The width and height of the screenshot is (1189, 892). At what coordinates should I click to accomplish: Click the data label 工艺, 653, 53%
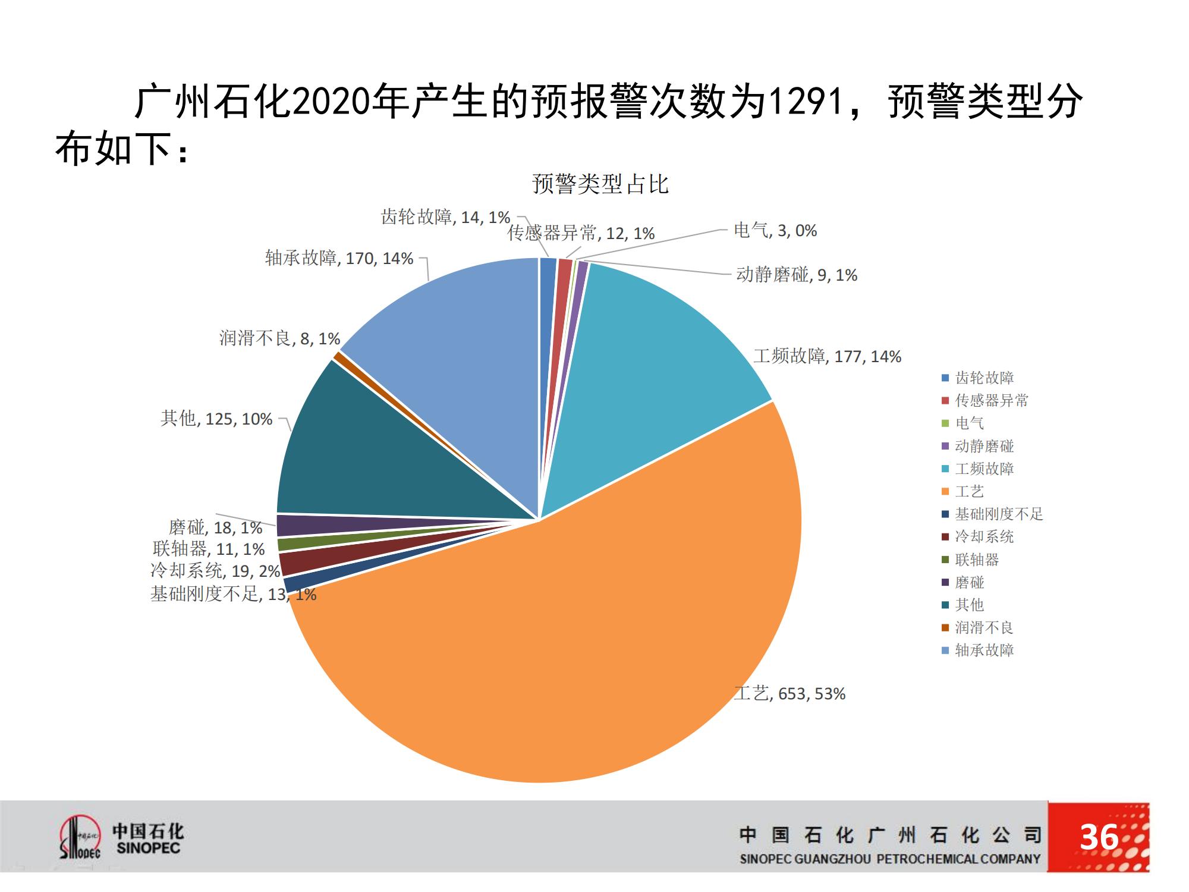[789, 693]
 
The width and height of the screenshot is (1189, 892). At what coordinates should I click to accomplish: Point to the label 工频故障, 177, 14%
[827, 356]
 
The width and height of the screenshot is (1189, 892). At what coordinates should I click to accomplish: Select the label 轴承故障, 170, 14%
[339, 258]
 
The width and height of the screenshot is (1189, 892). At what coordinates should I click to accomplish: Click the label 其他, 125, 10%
[216, 419]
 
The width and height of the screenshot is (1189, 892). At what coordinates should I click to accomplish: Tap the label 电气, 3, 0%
[775, 230]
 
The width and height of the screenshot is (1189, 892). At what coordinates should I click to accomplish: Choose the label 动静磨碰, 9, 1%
[797, 275]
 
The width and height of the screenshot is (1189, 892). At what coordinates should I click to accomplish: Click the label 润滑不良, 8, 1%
[279, 338]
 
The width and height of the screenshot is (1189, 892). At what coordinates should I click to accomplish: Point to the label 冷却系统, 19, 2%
[215, 571]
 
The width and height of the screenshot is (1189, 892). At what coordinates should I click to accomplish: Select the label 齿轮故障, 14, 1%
[445, 217]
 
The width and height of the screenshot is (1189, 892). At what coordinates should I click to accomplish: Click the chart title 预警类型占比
[600, 184]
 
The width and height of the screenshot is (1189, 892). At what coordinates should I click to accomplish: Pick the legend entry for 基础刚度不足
[998, 514]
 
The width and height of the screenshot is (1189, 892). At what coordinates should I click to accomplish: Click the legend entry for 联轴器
[976, 560]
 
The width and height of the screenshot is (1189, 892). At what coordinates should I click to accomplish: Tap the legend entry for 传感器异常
[991, 400]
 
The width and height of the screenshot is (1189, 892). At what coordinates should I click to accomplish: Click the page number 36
[1099, 837]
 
